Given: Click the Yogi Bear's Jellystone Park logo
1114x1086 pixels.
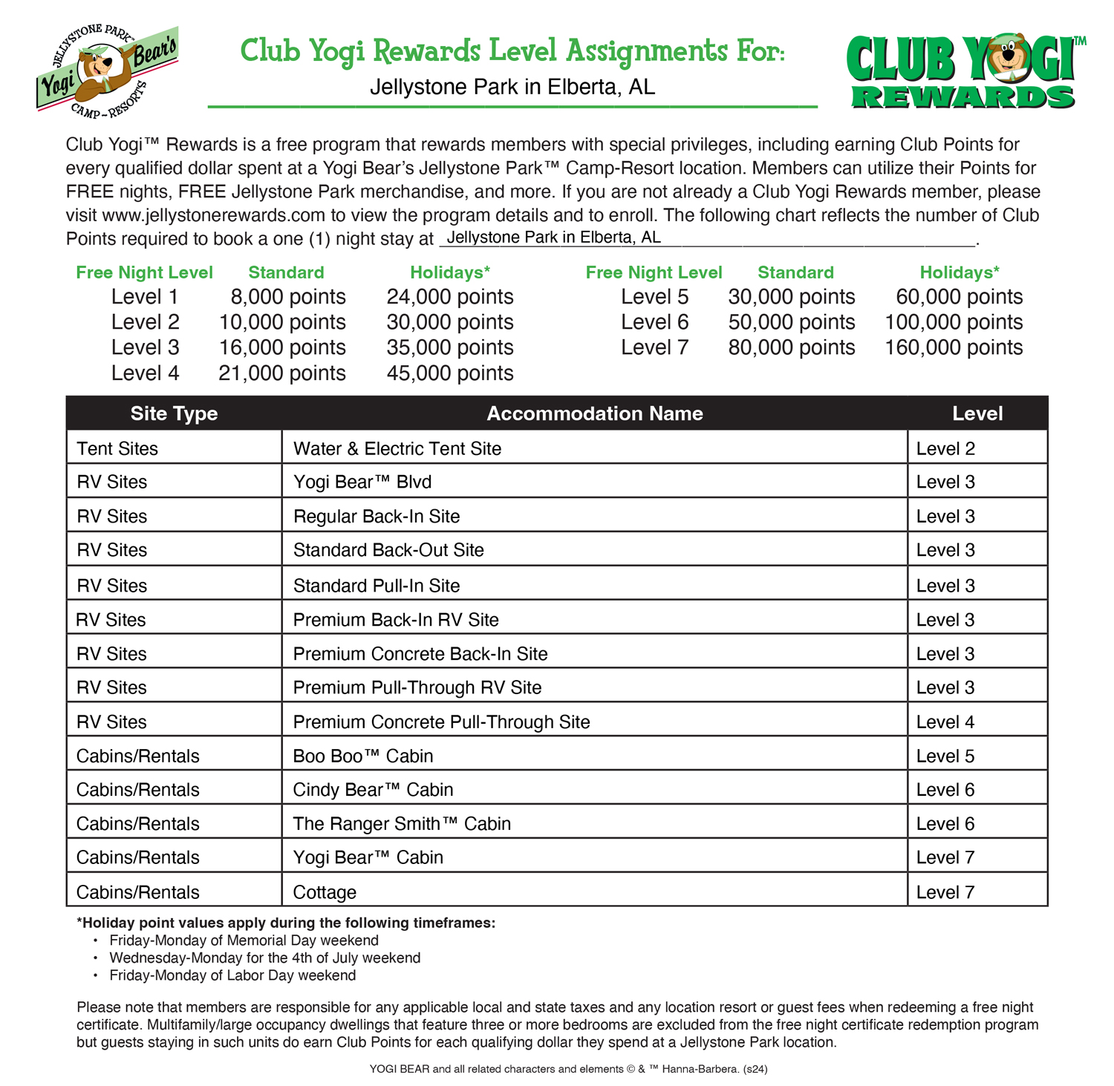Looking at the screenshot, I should pyautogui.click(x=107, y=71).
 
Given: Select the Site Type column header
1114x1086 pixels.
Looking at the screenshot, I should pyautogui.click(x=174, y=413).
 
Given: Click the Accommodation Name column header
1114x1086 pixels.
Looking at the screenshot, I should pyautogui.click(x=594, y=413).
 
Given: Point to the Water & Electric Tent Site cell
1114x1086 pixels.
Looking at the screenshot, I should pyautogui.click(x=397, y=448).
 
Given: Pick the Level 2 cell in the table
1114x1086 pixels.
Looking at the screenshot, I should pyautogui.click(x=945, y=448).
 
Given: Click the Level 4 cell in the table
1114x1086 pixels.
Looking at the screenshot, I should pyautogui.click(x=945, y=722).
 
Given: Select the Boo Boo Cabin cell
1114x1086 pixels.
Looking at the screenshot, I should pyautogui.click(x=363, y=756).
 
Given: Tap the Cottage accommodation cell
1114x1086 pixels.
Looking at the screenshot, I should pyautogui.click(x=325, y=892).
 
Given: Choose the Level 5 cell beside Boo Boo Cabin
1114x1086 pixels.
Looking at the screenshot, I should pyautogui.click(x=945, y=756).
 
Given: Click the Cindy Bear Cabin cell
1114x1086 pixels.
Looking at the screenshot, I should pyautogui.click(x=373, y=790).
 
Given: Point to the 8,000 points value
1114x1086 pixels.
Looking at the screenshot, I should pyautogui.click(x=288, y=297).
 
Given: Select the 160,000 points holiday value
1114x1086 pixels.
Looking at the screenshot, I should pyautogui.click(x=954, y=347).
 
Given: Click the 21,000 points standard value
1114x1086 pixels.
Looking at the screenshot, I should pyautogui.click(x=282, y=373).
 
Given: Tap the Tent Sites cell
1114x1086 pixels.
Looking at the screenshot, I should pyautogui.click(x=117, y=448).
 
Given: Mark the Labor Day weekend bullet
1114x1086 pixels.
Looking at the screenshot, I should pyautogui.click(x=232, y=975).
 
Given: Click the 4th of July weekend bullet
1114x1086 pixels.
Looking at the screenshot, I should pyautogui.click(x=264, y=958).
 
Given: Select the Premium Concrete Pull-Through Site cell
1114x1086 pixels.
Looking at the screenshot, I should pyautogui.click(x=441, y=722).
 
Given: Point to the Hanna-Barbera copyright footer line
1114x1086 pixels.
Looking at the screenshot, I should pyautogui.click(x=568, y=1069).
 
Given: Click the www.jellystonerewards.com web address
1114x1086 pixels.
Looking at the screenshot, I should pyautogui.click(x=214, y=215).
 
